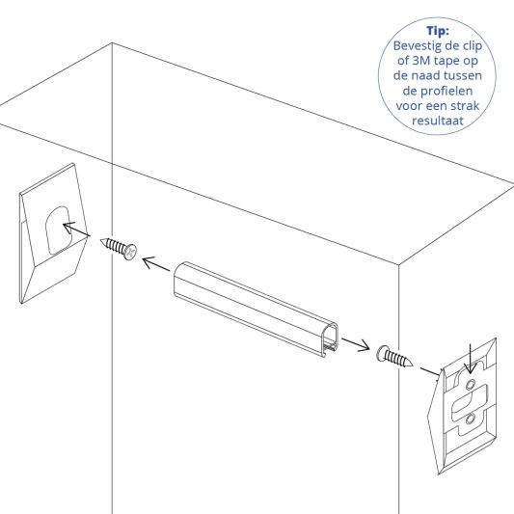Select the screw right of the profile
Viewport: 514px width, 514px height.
(x=395, y=358)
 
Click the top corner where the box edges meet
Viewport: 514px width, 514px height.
(x=112, y=43)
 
